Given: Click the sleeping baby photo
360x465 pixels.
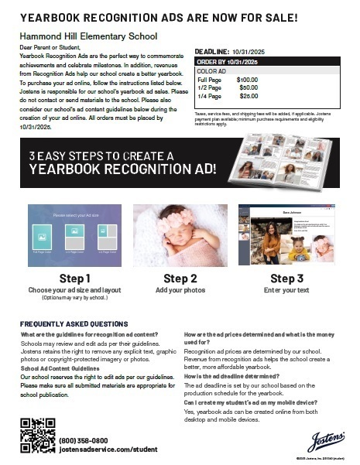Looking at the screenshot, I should tap(180, 234).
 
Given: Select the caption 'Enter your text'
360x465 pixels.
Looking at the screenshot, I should tap(286, 289).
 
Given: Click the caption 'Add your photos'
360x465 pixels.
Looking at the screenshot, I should tap(180, 289).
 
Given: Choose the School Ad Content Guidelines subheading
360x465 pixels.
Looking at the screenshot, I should tap(65, 368).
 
